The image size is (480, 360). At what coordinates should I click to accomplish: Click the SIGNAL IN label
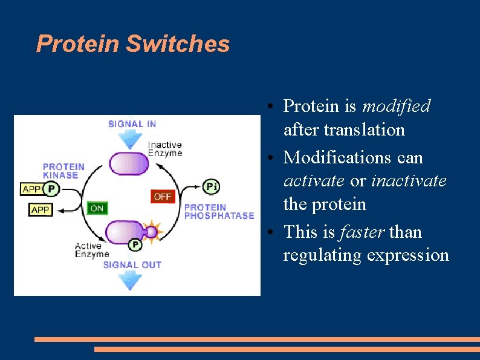[x=132, y=124]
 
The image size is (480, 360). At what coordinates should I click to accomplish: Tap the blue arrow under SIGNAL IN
[x=129, y=140]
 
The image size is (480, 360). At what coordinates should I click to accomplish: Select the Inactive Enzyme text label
[x=165, y=149]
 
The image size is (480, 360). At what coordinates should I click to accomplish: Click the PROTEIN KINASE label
[x=63, y=171]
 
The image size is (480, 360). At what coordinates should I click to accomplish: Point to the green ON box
[x=97, y=208]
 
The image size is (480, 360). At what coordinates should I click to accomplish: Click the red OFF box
[x=162, y=197]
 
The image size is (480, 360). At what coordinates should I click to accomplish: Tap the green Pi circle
[x=211, y=186]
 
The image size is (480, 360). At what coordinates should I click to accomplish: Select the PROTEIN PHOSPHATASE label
[x=219, y=211]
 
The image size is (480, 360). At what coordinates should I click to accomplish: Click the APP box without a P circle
[x=41, y=210]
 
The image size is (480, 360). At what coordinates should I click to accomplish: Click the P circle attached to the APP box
[x=51, y=189]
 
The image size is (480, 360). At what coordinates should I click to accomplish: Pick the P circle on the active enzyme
[x=135, y=245]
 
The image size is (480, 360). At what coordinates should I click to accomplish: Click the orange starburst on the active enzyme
[x=151, y=232]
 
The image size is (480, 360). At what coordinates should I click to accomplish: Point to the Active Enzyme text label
[x=92, y=250]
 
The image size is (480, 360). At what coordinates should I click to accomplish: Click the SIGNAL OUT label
[x=132, y=265]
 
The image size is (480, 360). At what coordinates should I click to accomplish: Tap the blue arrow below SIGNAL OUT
[x=130, y=280]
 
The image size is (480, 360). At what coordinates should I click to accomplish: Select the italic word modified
[x=396, y=106]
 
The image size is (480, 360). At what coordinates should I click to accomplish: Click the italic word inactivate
[x=409, y=181]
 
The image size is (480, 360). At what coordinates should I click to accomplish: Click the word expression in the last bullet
[x=409, y=255]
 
